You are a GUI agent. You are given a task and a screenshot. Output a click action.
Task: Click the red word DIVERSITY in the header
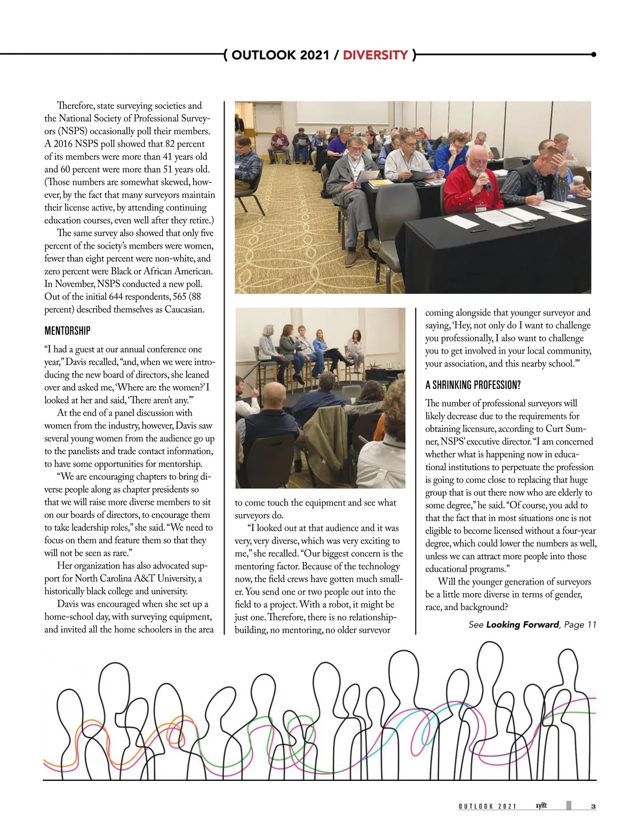point(375,55)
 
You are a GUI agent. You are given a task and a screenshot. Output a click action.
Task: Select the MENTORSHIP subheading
point(67,331)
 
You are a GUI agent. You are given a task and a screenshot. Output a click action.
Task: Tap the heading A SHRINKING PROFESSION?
point(473,385)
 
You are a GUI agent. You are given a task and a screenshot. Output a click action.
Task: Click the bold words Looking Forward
point(522,625)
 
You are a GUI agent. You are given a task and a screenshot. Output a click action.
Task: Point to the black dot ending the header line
point(594,54)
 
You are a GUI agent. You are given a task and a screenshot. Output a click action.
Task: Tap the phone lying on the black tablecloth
point(517,227)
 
